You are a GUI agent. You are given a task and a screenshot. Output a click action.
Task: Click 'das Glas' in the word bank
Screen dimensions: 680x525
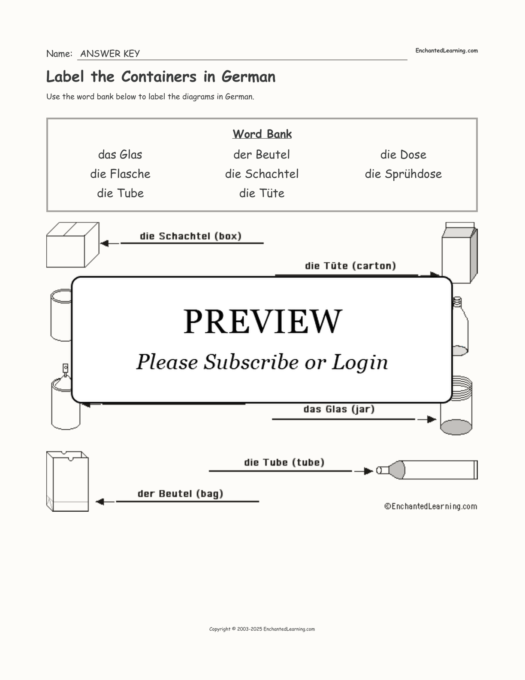(x=120, y=155)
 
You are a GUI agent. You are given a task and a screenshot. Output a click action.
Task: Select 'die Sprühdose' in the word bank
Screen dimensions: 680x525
(x=403, y=174)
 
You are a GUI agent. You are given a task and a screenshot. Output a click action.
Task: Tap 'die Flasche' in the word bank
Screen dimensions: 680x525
(x=120, y=174)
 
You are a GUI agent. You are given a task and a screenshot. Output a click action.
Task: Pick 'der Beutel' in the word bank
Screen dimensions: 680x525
(x=262, y=155)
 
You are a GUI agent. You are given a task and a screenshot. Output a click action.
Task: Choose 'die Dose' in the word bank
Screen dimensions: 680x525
(x=403, y=155)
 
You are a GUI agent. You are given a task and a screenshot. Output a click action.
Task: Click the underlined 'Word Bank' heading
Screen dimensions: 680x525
(x=262, y=134)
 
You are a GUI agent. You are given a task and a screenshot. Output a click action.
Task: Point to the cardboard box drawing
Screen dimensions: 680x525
(x=72, y=245)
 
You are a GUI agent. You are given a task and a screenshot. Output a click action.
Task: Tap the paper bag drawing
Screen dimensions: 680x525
(x=67, y=481)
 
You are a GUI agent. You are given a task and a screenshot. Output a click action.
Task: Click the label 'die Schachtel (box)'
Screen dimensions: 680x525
(x=191, y=236)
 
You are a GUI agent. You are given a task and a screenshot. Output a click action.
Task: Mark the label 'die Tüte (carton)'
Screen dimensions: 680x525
(x=350, y=266)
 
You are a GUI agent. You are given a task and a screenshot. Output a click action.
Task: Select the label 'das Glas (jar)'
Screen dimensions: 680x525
(x=339, y=409)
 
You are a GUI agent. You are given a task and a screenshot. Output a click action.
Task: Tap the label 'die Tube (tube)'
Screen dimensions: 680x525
(x=284, y=462)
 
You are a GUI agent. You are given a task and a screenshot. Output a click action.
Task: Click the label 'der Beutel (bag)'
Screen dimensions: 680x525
(x=181, y=494)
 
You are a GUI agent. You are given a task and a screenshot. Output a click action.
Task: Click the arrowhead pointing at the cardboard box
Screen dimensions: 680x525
(x=104, y=243)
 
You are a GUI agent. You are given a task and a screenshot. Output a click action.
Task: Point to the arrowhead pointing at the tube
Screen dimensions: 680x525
(x=368, y=471)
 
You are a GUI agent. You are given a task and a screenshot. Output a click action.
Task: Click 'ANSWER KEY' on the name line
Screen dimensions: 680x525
(x=110, y=54)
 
